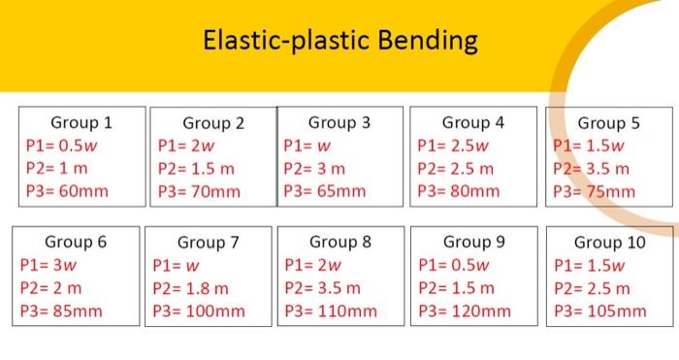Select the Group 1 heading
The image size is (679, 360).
[81, 123]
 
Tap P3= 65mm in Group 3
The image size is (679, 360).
[325, 191]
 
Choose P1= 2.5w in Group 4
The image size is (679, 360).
[454, 147]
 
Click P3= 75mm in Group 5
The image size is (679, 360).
[595, 191]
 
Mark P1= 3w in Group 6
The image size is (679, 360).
[48, 265]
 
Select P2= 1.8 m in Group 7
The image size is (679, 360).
[191, 288]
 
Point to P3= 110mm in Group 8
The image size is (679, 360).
[330, 311]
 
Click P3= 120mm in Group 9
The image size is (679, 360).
[464, 311]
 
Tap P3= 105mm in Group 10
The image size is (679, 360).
[599, 311]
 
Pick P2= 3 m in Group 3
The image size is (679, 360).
[314, 169]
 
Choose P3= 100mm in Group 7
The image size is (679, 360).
[199, 311]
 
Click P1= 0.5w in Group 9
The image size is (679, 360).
[454, 265]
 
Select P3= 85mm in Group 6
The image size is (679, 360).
[60, 311]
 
